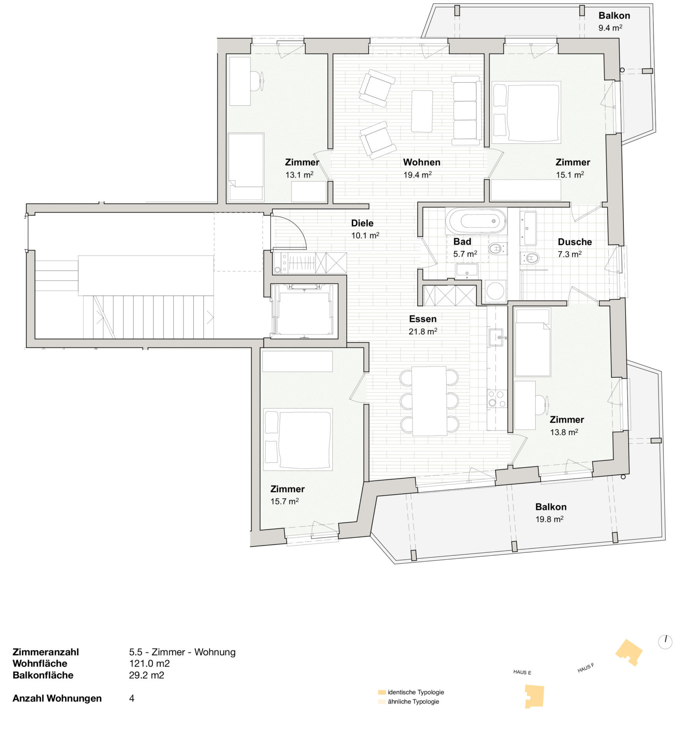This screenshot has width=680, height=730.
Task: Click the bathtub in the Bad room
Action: tap(476, 221)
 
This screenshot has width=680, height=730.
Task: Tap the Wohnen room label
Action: tap(421, 162)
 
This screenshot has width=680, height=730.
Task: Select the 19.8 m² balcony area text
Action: tap(549, 519)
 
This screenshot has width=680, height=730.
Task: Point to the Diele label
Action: tap(362, 223)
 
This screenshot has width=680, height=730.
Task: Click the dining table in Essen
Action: tap(429, 401)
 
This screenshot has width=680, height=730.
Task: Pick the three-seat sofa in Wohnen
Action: tap(466, 110)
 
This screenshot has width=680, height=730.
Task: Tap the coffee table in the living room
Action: tap(422, 111)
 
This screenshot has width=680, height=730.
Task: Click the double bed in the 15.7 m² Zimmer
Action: tap(298, 439)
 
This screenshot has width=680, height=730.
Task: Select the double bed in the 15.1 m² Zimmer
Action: tap(526, 112)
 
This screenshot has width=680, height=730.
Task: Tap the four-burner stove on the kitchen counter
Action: tap(497, 399)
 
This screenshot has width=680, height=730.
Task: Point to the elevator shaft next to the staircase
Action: tap(304, 311)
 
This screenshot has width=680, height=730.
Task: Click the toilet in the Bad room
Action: tap(497, 248)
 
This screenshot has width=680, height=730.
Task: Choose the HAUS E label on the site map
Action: tap(522, 672)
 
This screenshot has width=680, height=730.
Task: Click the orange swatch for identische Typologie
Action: tap(382, 692)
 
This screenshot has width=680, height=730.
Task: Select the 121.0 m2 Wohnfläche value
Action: tap(149, 663)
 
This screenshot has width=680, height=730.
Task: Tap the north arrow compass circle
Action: tap(665, 642)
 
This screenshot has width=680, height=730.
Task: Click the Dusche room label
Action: tap(575, 242)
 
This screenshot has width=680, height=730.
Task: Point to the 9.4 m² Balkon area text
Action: tap(610, 28)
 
